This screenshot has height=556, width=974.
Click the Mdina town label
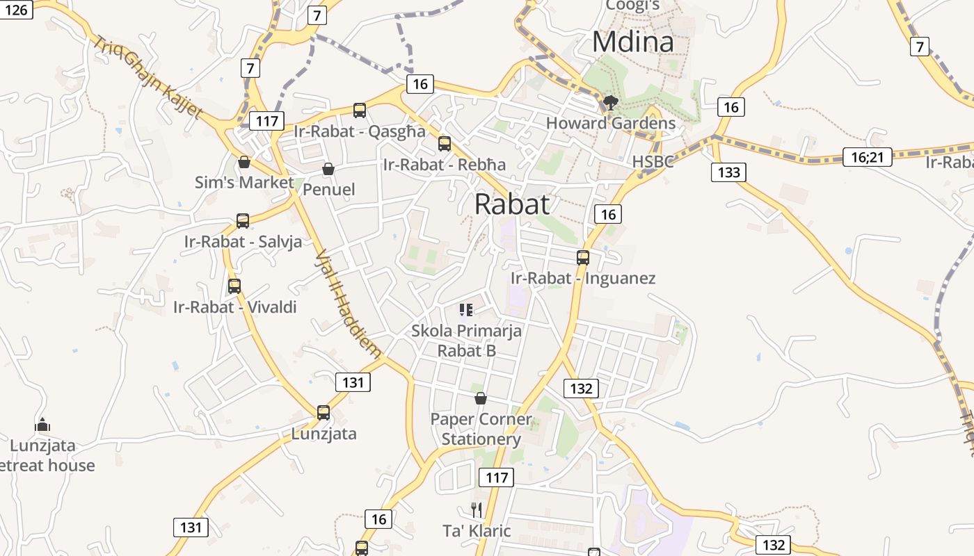tap(632, 42)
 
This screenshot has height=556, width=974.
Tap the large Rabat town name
tap(512, 204)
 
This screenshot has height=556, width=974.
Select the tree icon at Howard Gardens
tap(611, 104)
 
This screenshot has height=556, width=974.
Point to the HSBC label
tap(653, 162)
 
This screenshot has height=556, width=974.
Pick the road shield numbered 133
tap(728, 172)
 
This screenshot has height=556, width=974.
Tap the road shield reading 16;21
tap(866, 157)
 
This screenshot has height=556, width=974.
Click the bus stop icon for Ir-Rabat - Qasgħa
tap(360, 110)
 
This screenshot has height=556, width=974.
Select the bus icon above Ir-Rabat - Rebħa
tap(445, 144)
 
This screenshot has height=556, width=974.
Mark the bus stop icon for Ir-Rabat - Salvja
tap(243, 220)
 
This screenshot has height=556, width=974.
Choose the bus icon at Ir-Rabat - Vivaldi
tap(234, 286)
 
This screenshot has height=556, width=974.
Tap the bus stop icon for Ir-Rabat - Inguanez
tap(583, 257)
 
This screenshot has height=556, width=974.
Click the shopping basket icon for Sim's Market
tap(244, 162)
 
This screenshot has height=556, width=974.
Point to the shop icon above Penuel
tap(328, 169)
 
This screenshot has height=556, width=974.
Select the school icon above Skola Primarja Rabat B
tap(466, 309)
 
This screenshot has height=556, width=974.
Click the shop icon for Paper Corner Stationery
tap(480, 398)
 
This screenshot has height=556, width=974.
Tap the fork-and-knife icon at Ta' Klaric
tap(477, 510)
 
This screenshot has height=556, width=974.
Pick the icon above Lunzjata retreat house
tap(42, 424)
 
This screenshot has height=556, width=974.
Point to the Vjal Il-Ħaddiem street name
tap(348, 304)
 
